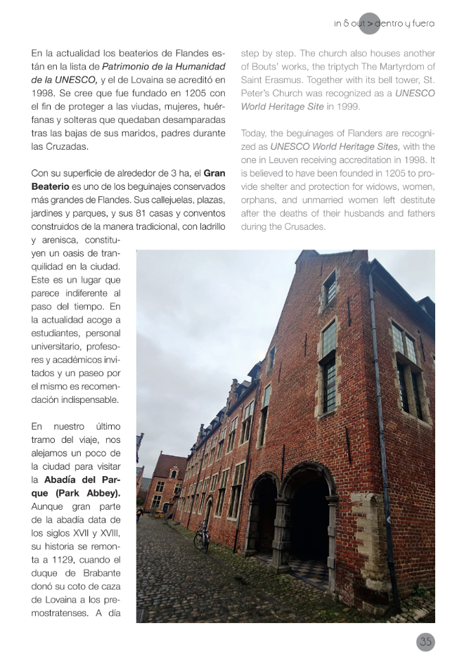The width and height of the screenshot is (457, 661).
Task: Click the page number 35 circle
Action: click(x=425, y=641)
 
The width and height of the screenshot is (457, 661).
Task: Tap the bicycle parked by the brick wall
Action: click(x=202, y=537)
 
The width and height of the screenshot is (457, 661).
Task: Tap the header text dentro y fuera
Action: click(x=404, y=24)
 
